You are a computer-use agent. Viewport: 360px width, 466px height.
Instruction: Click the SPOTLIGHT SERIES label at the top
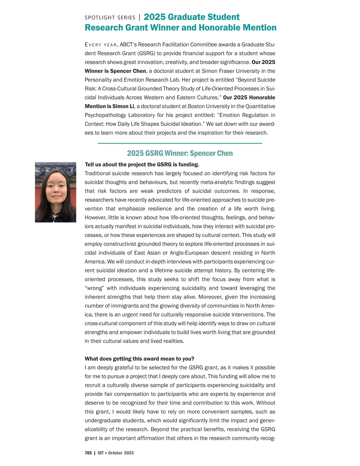[110, 18]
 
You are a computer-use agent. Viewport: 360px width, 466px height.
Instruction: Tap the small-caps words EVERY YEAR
[101, 45]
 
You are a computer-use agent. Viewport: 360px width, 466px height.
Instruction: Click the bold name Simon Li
[123, 107]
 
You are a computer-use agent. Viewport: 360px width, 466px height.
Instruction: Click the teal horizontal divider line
[180, 143]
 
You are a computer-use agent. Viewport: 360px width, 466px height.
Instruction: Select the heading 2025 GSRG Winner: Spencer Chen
[180, 153]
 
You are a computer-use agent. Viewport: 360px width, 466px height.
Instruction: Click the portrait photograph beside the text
[55, 192]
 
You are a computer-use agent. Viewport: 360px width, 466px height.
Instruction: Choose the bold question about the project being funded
[142, 165]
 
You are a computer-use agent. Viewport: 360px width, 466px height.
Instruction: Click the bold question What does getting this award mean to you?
[139, 359]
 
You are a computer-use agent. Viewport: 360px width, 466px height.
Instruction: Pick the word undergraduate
[102, 421]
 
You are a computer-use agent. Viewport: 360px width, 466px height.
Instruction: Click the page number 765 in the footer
[88, 453]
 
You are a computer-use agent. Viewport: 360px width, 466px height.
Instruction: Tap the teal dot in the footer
[106, 453]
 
